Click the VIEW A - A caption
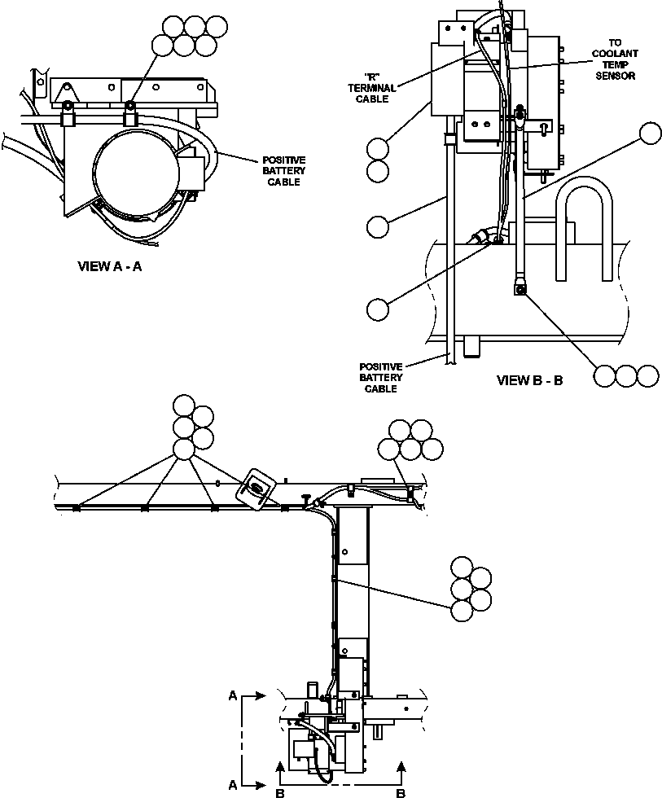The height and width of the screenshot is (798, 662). point(109,266)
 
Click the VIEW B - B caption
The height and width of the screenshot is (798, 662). point(529,380)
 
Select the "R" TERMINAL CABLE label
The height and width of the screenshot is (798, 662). point(374,88)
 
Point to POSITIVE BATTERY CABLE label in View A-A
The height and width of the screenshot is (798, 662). point(283,171)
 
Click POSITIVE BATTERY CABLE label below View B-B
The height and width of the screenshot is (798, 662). point(380,378)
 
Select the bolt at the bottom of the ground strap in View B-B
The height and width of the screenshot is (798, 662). point(519,287)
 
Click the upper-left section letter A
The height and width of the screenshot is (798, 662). point(233,696)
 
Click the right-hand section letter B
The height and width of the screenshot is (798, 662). point(401,791)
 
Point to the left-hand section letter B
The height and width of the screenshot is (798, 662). point(279,791)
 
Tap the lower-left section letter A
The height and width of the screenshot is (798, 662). point(233,785)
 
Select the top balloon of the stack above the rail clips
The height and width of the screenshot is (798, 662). point(185,406)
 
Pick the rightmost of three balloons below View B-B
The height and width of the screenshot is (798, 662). point(647,375)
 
